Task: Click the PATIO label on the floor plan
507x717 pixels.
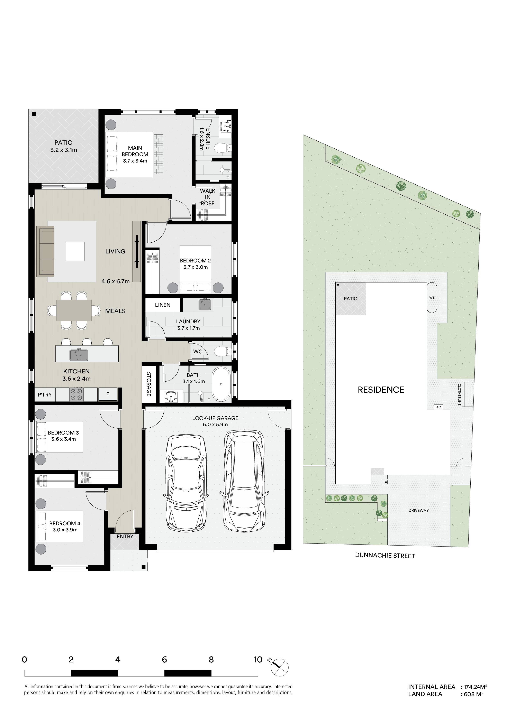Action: click(x=63, y=143)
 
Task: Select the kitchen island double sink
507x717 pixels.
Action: click(x=79, y=354)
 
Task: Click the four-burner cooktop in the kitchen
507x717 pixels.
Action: click(x=76, y=394)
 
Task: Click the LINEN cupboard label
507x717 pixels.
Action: click(x=163, y=305)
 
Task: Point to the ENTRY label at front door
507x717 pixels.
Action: click(x=125, y=537)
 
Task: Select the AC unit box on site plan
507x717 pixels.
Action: click(x=438, y=407)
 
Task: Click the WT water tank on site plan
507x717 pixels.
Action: click(x=432, y=298)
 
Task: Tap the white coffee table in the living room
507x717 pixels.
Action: click(x=75, y=251)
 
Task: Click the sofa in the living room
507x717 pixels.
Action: click(x=46, y=252)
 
